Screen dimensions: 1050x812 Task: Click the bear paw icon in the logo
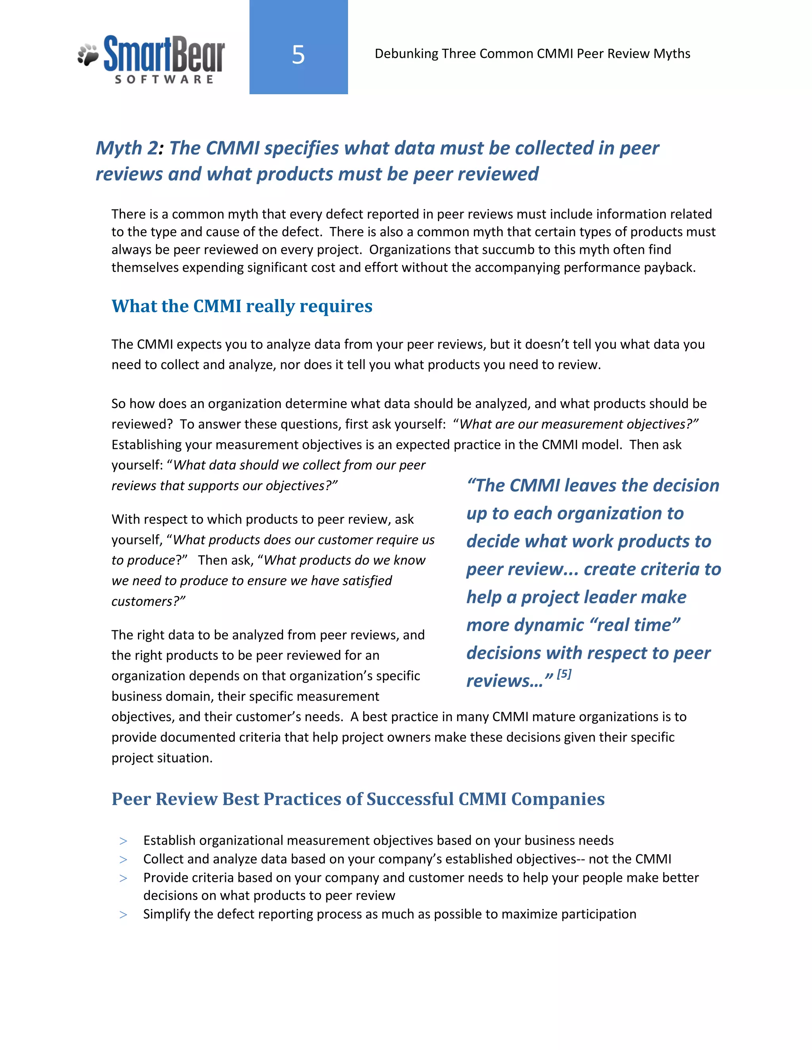click(x=88, y=55)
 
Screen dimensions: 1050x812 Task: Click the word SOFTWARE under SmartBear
click(x=164, y=79)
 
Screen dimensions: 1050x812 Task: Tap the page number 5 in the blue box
click(x=298, y=55)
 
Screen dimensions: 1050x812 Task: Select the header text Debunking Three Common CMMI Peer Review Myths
click(x=532, y=54)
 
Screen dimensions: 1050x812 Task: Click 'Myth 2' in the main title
click(x=126, y=148)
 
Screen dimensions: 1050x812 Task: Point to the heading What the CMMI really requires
click(x=242, y=306)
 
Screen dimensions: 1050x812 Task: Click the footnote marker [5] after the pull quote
click(x=564, y=674)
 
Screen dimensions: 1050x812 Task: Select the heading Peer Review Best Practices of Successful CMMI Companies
click(x=358, y=799)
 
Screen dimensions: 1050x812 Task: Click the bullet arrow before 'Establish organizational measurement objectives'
click(x=124, y=841)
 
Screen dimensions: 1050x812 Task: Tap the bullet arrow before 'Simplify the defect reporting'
click(x=124, y=915)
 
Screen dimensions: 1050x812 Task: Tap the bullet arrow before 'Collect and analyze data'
click(x=124, y=860)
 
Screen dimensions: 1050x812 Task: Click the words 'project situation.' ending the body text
click(x=162, y=758)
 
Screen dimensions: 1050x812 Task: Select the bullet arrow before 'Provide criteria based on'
click(x=124, y=878)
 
